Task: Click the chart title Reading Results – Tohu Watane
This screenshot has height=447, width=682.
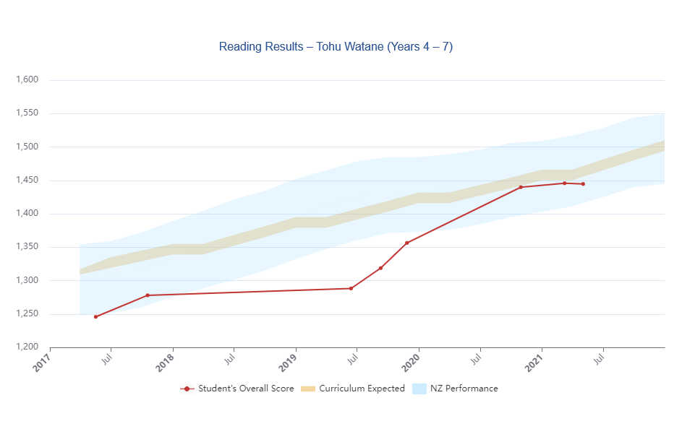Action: [x=336, y=47]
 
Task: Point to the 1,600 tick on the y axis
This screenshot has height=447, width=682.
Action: [x=27, y=80]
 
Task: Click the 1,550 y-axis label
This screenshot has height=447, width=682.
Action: [x=27, y=113]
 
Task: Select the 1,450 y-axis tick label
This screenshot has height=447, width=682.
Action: [x=27, y=181]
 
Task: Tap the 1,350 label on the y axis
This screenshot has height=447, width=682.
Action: [x=27, y=247]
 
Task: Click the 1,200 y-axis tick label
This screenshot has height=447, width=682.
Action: [x=27, y=347]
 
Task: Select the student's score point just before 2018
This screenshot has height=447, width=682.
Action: [x=148, y=295]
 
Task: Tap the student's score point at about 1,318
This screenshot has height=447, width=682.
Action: [x=380, y=269]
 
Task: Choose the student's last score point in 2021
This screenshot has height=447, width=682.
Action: [x=583, y=184]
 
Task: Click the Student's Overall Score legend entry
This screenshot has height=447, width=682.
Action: [x=237, y=389]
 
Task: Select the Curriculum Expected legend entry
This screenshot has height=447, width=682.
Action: [x=353, y=389]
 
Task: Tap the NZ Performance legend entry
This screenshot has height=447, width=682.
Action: [x=455, y=389]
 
